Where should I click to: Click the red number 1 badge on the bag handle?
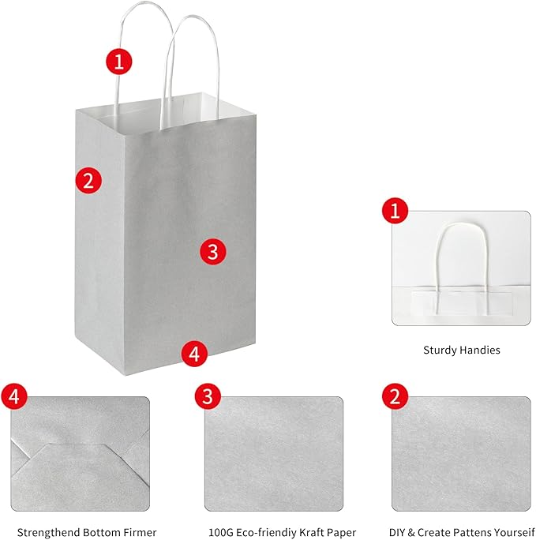118,62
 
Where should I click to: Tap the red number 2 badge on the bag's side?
88,180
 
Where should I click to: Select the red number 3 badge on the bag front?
213,252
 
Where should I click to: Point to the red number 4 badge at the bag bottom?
194,354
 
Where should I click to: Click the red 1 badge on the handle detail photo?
395,210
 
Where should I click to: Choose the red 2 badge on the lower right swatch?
395,396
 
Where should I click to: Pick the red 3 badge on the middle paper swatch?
208,396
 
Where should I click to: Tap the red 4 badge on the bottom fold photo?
14,396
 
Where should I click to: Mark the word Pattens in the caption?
467,532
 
